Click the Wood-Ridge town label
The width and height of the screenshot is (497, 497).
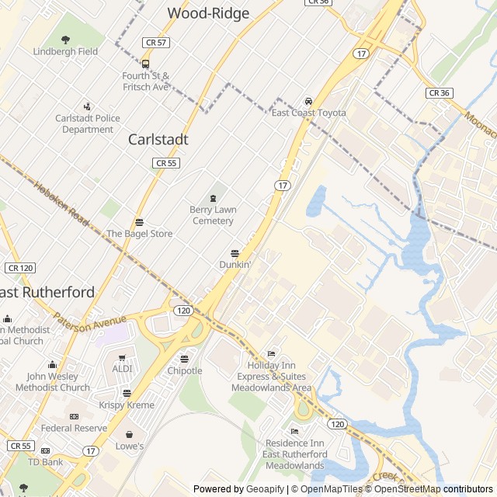(209, 13)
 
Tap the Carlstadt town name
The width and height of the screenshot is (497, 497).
(158, 140)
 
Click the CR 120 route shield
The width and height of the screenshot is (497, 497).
(21, 268)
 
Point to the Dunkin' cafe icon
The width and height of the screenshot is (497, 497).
(235, 253)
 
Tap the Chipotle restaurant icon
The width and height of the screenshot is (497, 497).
(184, 359)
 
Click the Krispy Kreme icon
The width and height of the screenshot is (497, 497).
(127, 393)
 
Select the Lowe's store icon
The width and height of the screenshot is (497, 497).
(130, 434)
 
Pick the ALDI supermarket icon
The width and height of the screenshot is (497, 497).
(122, 356)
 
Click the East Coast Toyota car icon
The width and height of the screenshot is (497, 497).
(308, 101)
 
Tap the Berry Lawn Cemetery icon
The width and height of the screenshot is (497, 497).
(213, 198)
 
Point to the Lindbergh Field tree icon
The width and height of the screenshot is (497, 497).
(65, 40)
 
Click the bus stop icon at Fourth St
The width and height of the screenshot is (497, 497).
(145, 64)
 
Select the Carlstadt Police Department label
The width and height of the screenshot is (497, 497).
(88, 123)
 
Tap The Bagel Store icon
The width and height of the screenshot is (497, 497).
(139, 222)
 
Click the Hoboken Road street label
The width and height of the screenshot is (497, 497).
(63, 201)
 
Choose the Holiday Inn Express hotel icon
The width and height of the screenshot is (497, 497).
(271, 353)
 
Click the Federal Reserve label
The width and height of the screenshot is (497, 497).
(74, 428)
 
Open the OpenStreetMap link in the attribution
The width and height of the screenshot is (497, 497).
(402, 489)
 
